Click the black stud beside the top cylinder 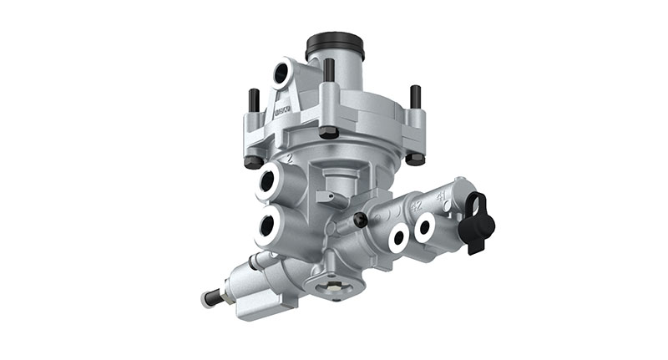pyautogui.click(x=329, y=70)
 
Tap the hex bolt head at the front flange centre pyautogui.click(x=328, y=132)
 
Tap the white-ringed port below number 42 pyautogui.click(x=398, y=238)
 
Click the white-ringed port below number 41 pyautogui.click(x=426, y=227)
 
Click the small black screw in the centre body pyautogui.click(x=361, y=220)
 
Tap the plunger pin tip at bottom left pyautogui.click(x=205, y=298)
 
